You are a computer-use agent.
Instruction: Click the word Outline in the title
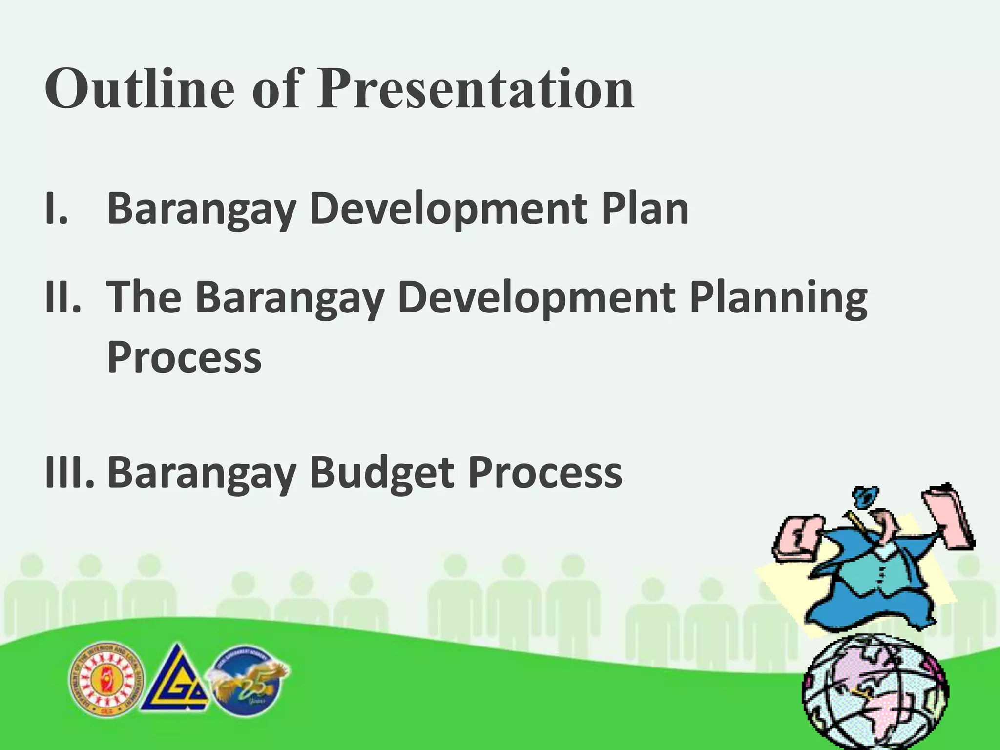click(139, 89)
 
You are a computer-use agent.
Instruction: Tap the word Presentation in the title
click(475, 89)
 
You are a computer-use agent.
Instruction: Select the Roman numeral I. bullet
click(57, 208)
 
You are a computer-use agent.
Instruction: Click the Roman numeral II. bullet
click(62, 298)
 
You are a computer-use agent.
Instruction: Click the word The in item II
click(144, 298)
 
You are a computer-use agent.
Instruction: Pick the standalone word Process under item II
click(184, 357)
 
